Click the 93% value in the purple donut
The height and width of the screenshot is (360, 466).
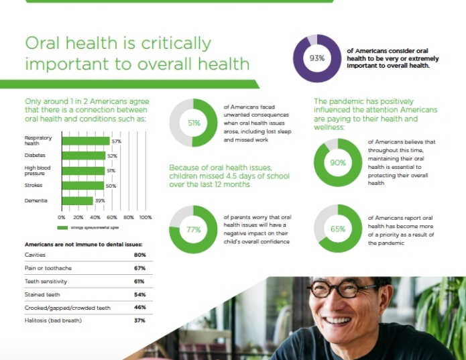coord(316,58)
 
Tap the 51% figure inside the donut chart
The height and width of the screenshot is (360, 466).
coord(194,123)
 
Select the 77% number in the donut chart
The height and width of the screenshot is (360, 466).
coord(194,230)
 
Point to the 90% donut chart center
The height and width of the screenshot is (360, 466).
coord(338,163)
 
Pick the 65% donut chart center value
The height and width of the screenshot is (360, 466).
coord(338,229)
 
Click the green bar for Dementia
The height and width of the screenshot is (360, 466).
coord(77,200)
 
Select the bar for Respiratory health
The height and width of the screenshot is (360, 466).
coord(86,141)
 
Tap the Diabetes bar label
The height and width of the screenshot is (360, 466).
coord(35,156)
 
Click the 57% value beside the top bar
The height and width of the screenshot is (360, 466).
coord(116,141)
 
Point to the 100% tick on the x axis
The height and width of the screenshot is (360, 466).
coord(145,217)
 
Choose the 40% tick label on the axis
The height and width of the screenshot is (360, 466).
coord(95,217)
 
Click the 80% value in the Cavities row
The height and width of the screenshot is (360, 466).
coord(139,255)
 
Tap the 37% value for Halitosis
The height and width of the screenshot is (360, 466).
coord(139,320)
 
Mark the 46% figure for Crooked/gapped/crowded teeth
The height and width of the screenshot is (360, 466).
coord(139,307)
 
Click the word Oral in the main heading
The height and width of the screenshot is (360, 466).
coord(46,44)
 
